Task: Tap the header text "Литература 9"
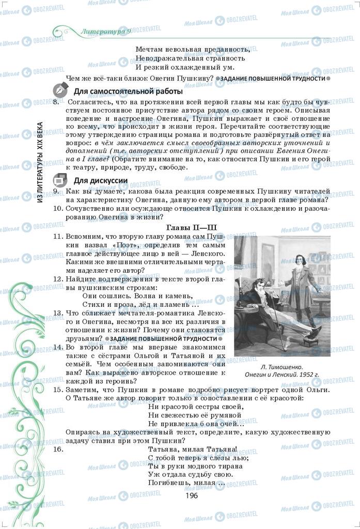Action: [106, 32]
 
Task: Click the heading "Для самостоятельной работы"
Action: [128, 91]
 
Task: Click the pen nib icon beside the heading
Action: [59, 90]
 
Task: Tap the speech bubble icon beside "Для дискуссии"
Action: [59, 180]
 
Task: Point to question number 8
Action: [56, 102]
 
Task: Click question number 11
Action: [58, 236]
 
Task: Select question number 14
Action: [58, 348]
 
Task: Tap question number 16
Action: [58, 449]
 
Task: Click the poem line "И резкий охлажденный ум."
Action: [185, 67]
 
